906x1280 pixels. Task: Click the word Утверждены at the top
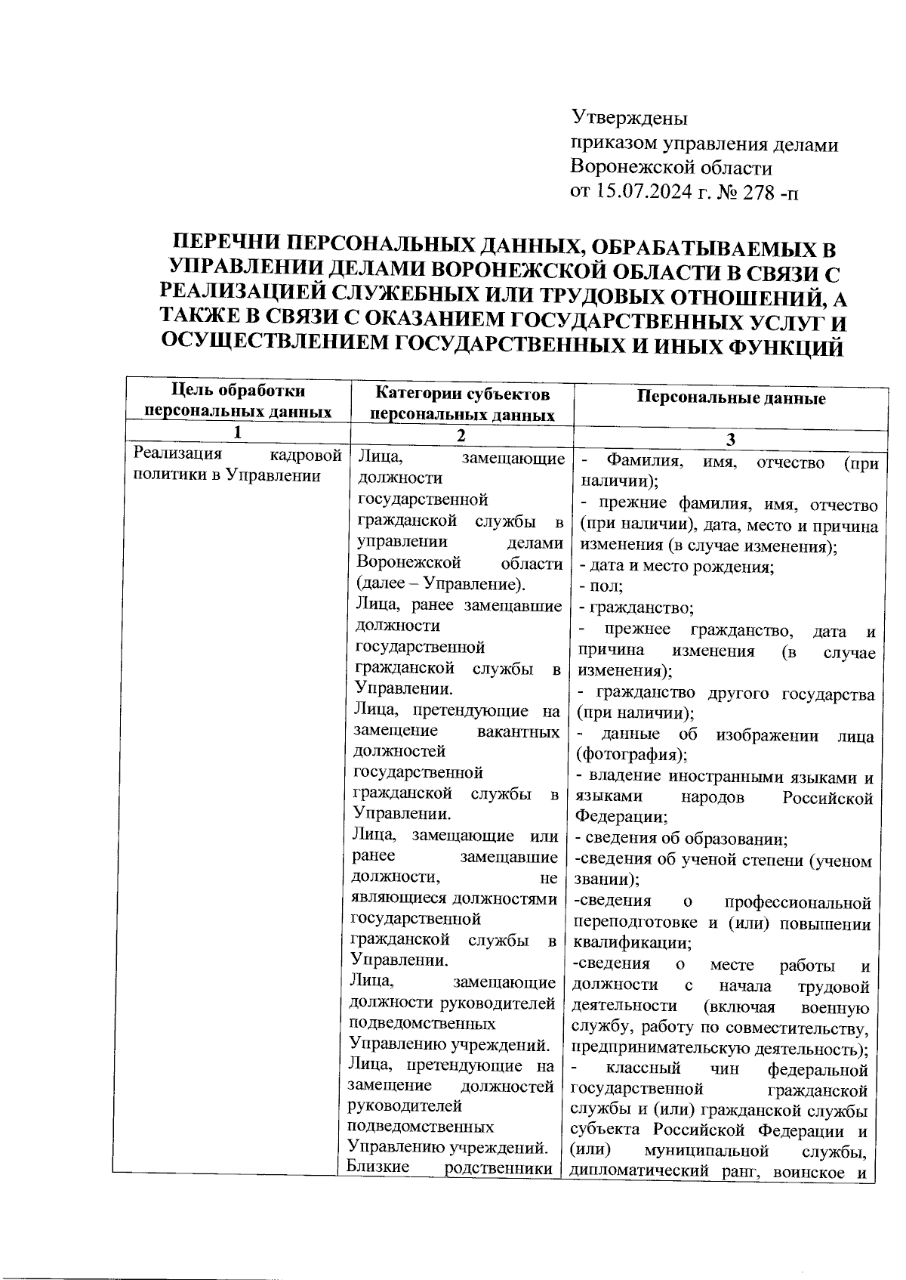pyautogui.click(x=629, y=118)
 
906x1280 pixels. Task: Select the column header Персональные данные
pyautogui.click(x=731, y=398)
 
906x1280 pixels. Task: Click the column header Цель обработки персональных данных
pyautogui.click(x=239, y=401)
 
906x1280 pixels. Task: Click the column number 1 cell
pyautogui.click(x=239, y=432)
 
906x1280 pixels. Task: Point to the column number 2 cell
pyautogui.click(x=462, y=436)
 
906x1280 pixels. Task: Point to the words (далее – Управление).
pyautogui.click(x=440, y=584)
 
